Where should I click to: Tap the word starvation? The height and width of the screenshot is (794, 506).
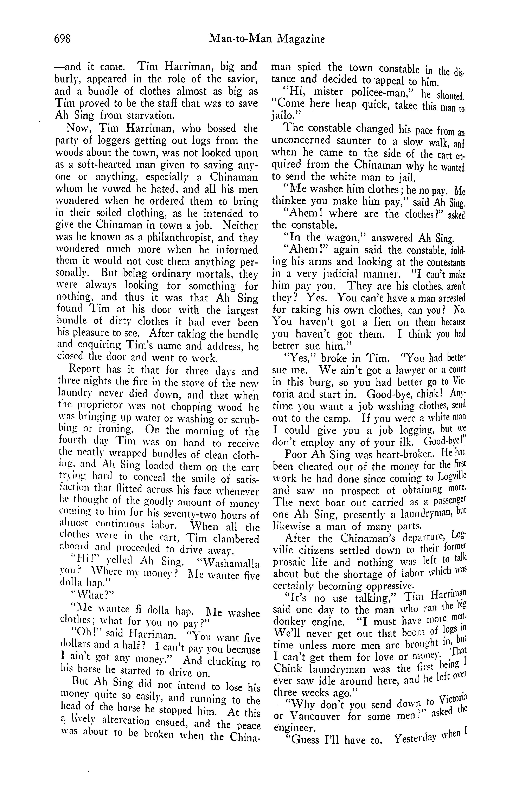146,116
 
